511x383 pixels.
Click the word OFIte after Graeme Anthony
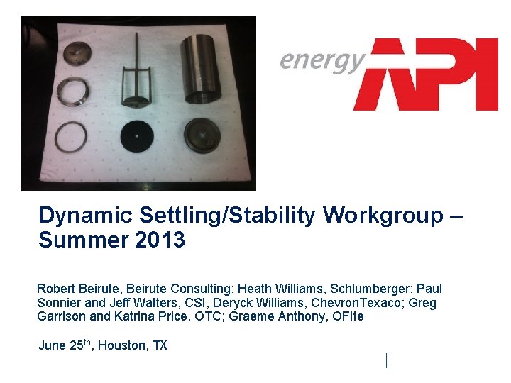click(347, 317)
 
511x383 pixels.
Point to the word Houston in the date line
click(124, 346)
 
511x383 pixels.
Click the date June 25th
click(65, 345)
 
